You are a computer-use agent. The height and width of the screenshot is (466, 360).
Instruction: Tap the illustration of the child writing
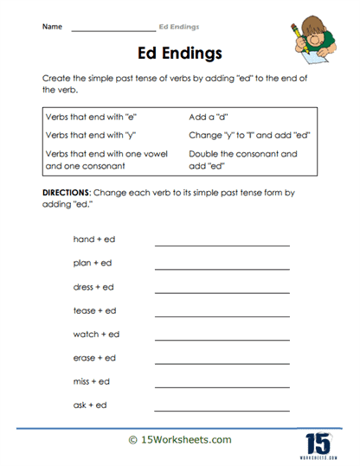tap(313, 42)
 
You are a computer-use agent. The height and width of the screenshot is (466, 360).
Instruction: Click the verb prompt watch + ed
tap(97, 334)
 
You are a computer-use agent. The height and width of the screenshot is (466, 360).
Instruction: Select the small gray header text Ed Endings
tap(179, 27)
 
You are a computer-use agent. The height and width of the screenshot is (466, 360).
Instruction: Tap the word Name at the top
tap(52, 27)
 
